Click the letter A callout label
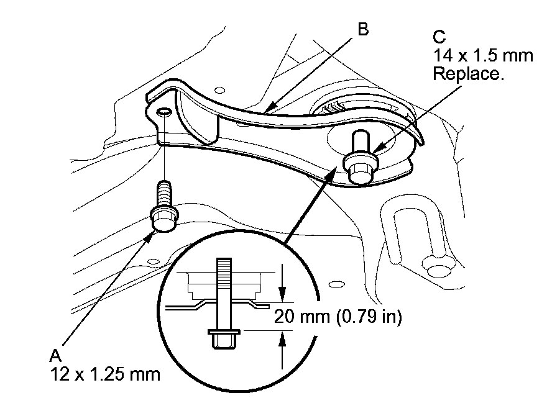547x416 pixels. pos(55,356)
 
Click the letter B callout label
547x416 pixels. pos(363,29)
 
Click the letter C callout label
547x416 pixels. pos(439,37)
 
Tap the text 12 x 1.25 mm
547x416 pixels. pos(105,374)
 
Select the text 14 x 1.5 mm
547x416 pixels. pos(483,56)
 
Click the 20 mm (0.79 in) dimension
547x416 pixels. pos(338,317)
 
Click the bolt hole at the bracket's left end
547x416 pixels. pos(164,112)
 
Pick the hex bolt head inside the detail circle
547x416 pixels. pos(223,338)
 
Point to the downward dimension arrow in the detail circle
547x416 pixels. pos(282,283)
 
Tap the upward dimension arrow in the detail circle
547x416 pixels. pos(282,350)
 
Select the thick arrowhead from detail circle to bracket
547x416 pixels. pos(332,173)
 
